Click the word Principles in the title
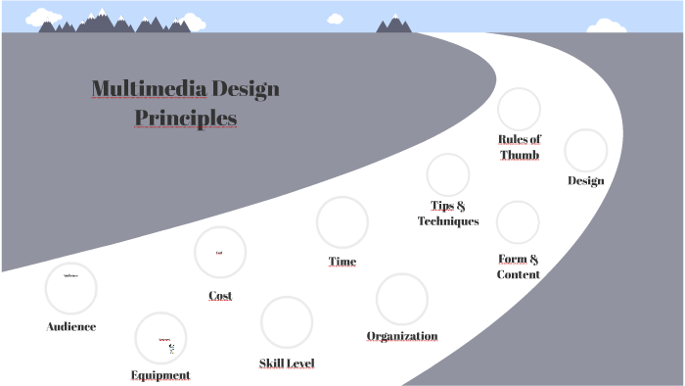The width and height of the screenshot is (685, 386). [186, 119]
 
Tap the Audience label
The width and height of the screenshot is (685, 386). [71, 326]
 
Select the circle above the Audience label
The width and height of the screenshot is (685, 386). [71, 288]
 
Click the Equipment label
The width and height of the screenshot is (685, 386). [160, 375]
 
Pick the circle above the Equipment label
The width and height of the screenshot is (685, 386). [160, 338]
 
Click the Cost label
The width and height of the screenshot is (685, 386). [220, 295]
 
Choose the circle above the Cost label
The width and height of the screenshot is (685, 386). [220, 253]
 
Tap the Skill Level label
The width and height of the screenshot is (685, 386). [287, 363]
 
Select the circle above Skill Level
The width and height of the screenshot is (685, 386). [287, 321]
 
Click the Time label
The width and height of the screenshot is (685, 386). [342, 262]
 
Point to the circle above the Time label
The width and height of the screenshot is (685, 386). [342, 221]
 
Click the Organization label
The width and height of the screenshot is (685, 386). [402, 336]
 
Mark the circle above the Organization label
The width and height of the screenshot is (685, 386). [402, 299]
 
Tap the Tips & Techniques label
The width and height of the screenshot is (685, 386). [448, 214]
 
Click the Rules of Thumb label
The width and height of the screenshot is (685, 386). [519, 147]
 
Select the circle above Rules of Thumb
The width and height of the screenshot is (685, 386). [519, 109]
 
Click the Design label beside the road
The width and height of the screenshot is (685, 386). [586, 180]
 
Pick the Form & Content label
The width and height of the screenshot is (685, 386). [519, 266]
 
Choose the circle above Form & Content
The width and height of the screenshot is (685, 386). [518, 222]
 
